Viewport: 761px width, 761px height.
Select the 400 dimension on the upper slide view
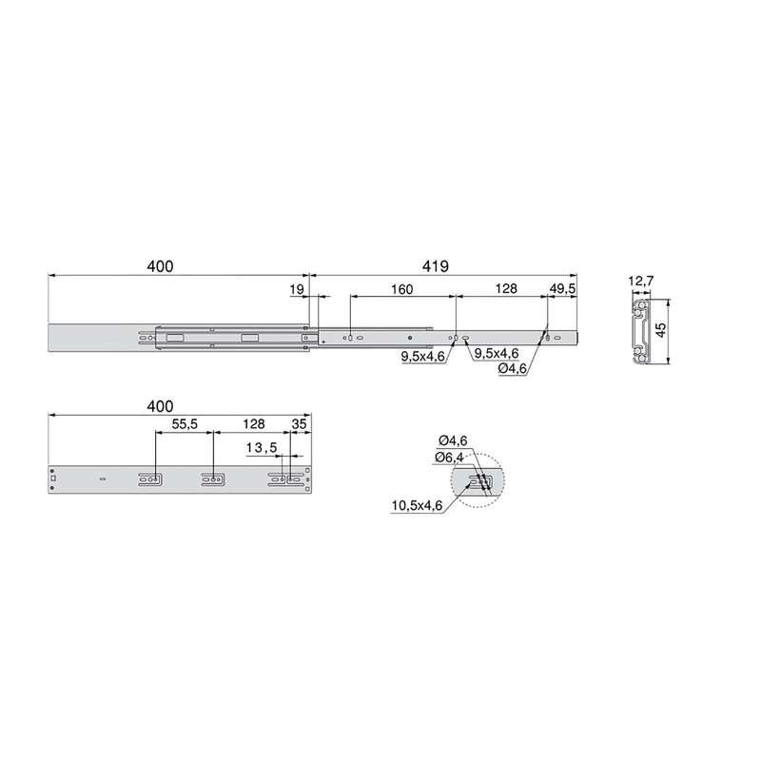(x=161, y=266)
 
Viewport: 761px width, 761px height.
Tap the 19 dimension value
(x=297, y=289)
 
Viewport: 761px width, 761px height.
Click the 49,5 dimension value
(x=563, y=289)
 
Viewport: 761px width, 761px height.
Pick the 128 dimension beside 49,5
(x=501, y=289)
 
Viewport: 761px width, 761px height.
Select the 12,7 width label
(x=642, y=282)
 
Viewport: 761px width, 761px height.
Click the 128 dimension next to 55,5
(x=252, y=425)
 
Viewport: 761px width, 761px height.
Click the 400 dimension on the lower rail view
(x=161, y=406)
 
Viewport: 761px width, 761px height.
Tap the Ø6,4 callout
(x=450, y=458)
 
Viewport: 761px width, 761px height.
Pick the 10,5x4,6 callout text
(x=416, y=505)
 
